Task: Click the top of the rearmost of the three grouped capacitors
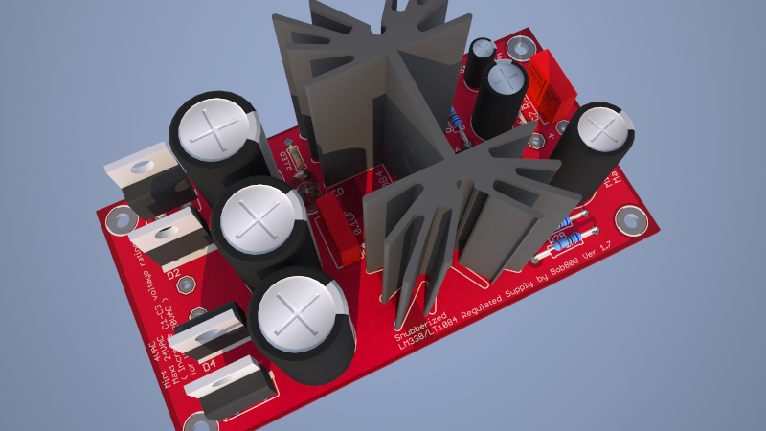tap(215, 131)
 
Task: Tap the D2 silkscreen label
tap(174, 275)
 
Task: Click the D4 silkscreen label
tap(209, 364)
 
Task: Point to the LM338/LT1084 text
tap(430, 329)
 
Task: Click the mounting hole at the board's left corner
tap(120, 221)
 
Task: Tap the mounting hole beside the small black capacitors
tap(521, 46)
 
